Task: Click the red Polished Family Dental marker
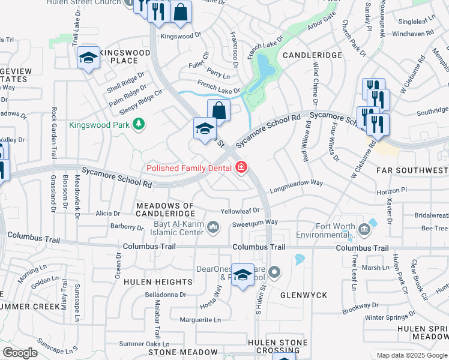coord(241,167)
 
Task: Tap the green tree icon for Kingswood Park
coord(139,124)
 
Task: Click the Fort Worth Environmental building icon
coord(364,229)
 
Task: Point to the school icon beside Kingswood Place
coord(88,58)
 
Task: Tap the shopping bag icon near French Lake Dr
coord(218,110)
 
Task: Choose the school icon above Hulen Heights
coord(243,275)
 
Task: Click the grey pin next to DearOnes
coord(274,273)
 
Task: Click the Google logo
coord(20,353)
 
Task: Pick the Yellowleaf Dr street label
coord(240,211)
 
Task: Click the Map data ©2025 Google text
coord(412,355)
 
